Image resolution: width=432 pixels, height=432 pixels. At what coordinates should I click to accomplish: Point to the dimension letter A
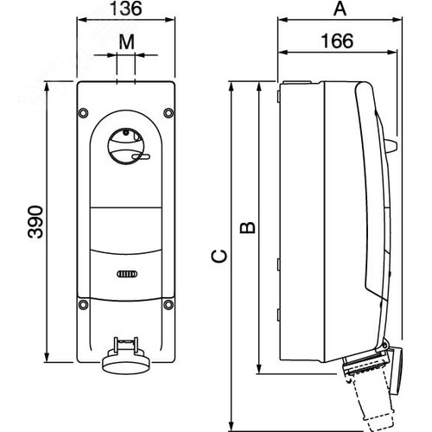click(x=340, y=10)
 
